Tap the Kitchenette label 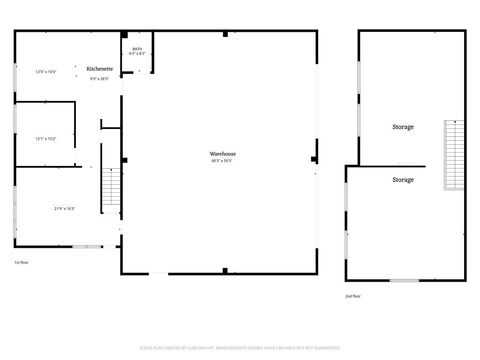pyautogui.click(x=99, y=68)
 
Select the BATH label pyautogui.click(x=137, y=48)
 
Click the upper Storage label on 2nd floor pyautogui.click(x=403, y=127)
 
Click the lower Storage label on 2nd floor pyautogui.click(x=403, y=179)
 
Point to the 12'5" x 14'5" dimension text pyautogui.click(x=47, y=72)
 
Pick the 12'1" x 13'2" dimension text pyautogui.click(x=46, y=138)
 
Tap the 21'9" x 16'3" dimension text pyautogui.click(x=64, y=208)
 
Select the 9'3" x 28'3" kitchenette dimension pyautogui.click(x=99, y=78)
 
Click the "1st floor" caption pyautogui.click(x=20, y=262)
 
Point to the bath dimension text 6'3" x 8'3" pyautogui.click(x=137, y=54)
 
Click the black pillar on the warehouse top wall pyautogui.click(x=225, y=33)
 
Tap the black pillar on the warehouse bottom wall pyautogui.click(x=225, y=270)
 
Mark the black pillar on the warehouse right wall pyautogui.click(x=314, y=157)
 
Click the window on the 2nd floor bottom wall pyautogui.click(x=403, y=280)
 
